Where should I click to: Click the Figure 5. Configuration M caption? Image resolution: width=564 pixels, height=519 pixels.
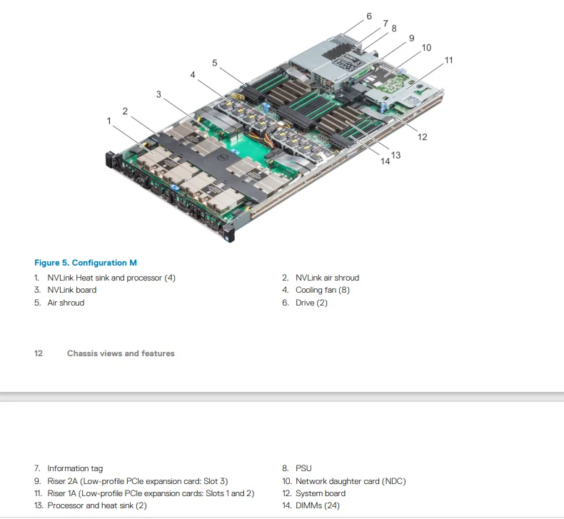click(x=86, y=263)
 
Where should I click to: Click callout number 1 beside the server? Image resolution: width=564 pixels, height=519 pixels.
click(x=109, y=121)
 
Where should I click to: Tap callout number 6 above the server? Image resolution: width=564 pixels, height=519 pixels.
click(x=369, y=16)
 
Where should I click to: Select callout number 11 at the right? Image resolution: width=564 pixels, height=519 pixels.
click(x=448, y=60)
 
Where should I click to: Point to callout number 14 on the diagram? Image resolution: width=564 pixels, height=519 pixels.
click(x=385, y=161)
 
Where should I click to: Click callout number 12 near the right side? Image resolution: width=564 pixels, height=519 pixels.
click(x=422, y=136)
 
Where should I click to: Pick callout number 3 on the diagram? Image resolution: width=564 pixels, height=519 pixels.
click(x=159, y=94)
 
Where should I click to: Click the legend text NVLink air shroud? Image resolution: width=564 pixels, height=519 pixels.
click(x=327, y=278)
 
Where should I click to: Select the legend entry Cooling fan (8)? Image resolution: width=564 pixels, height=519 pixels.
click(x=323, y=290)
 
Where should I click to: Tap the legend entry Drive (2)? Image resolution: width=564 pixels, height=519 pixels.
click(x=311, y=303)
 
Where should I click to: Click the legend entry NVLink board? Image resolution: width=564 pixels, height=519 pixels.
click(x=71, y=290)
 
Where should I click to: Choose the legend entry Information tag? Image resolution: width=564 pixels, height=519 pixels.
click(x=75, y=468)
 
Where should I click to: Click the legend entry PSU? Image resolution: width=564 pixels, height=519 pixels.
click(x=303, y=468)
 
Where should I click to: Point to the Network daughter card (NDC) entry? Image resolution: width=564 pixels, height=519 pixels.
click(x=351, y=481)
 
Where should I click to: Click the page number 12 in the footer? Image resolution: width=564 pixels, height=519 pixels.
click(x=39, y=353)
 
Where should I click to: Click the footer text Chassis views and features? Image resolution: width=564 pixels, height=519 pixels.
click(x=121, y=353)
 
